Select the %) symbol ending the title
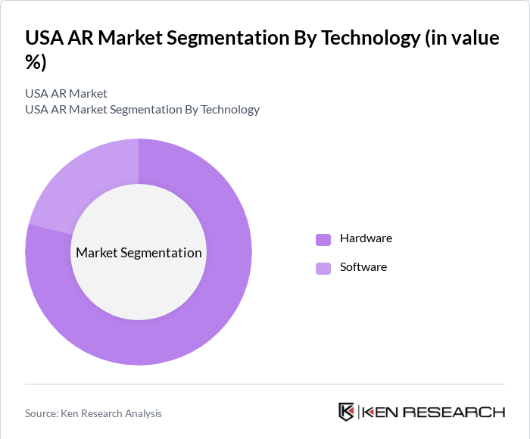tap(36, 63)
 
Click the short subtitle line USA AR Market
tap(66, 93)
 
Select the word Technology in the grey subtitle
tap(229, 109)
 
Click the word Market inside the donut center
tap(96, 253)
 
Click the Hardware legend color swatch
tap(323, 239)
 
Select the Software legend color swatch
tap(323, 268)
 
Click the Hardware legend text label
tap(366, 238)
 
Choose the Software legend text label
tap(363, 267)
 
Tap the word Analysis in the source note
tap(141, 413)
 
